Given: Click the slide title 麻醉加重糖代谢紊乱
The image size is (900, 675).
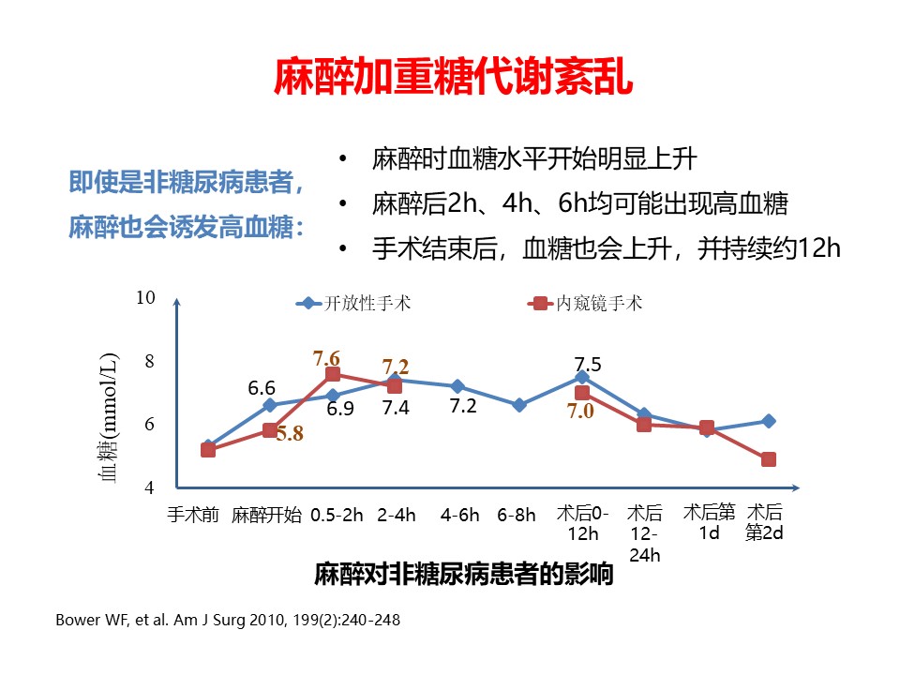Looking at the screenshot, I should [453, 78].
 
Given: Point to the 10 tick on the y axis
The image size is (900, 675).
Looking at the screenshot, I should [144, 298].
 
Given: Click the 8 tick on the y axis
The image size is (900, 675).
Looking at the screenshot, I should [148, 362].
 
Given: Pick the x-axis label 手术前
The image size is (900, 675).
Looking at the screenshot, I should [194, 515].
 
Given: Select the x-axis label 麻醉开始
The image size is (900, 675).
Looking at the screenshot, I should [266, 515].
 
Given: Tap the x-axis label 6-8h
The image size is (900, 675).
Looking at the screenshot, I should [517, 515].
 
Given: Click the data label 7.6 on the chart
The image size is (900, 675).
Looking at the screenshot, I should [326, 357].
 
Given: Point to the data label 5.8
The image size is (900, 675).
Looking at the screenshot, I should [290, 434].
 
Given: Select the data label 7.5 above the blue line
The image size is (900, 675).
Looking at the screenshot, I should [588, 365].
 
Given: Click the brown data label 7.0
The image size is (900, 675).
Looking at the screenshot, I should [580, 411].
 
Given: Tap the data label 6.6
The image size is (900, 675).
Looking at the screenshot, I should [262, 387].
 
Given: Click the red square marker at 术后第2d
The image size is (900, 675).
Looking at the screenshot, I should [769, 459].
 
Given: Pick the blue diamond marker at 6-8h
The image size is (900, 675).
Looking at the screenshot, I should [519, 405].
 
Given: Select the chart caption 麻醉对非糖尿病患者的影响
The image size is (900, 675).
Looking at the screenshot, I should [464, 574].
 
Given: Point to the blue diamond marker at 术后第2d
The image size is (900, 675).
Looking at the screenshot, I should [769, 421].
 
